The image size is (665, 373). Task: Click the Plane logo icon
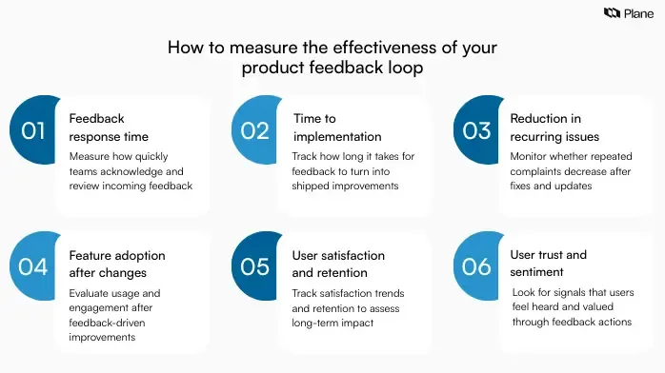(613, 13)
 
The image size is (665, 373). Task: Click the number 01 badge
(33, 131)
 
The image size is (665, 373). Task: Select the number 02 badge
(255, 131)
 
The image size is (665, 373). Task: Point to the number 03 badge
(476, 131)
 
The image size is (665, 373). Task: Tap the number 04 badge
(33, 266)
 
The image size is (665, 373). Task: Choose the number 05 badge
(255, 266)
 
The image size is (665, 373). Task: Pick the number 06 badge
(476, 266)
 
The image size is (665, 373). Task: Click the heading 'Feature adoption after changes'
(116, 263)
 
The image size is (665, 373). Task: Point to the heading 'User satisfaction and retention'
(338, 263)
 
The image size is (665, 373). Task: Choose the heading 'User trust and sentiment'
(549, 263)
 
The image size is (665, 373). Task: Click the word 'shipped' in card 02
(313, 186)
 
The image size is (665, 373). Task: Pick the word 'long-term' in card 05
(319, 323)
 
